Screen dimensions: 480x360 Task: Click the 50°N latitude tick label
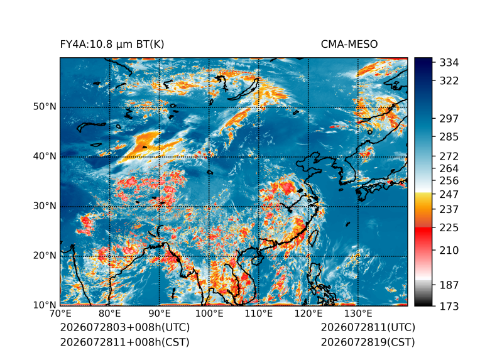[45, 107]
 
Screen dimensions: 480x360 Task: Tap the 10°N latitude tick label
[45, 305]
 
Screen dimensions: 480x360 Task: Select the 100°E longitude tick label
[209, 314]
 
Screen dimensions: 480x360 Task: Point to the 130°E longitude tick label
[358, 314]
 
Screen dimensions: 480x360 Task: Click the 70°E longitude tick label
[60, 314]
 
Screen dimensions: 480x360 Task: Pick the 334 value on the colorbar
[449, 63]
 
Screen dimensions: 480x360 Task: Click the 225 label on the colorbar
[449, 228]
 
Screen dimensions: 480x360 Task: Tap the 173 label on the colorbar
[449, 306]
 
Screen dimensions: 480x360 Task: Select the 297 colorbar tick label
[449, 119]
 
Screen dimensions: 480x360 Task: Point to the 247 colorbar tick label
[449, 194]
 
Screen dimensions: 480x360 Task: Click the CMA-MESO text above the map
[349, 45]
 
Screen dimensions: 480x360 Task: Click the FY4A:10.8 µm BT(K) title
[112, 45]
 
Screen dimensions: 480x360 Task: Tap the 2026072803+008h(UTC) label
[125, 327]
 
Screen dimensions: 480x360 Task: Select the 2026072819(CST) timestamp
[368, 342]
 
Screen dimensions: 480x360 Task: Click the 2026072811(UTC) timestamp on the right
[368, 327]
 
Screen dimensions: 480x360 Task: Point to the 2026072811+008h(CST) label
[124, 342]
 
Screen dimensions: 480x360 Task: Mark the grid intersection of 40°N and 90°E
[160, 156]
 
